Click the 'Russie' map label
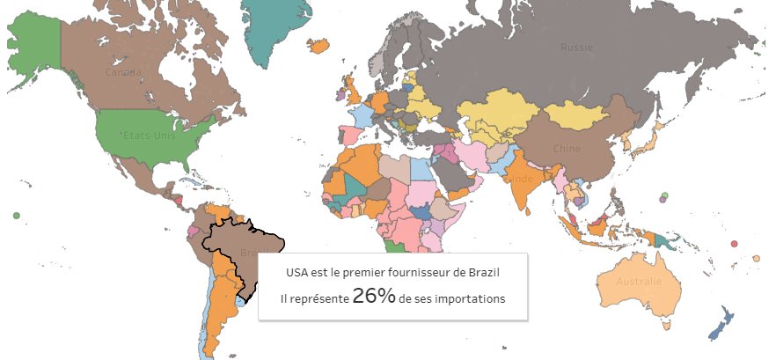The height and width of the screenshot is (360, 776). pos(577,47)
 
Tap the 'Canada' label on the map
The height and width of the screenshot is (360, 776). pos(123,71)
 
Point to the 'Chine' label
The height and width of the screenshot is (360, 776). pos(567,148)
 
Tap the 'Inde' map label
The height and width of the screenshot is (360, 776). pos(523,180)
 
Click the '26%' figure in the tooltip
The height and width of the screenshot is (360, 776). pos(373,297)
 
